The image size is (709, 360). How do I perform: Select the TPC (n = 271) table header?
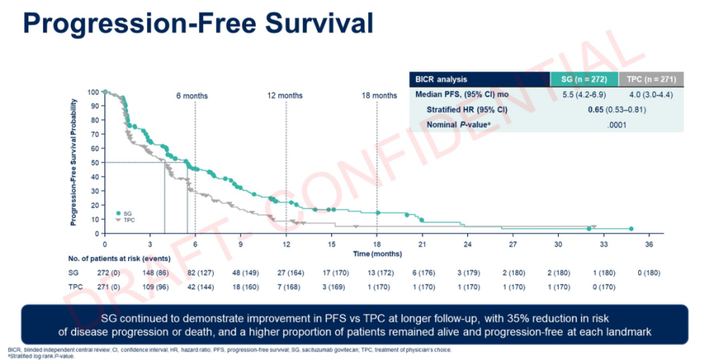[x=649, y=79]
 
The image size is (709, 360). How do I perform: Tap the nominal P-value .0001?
[x=616, y=124]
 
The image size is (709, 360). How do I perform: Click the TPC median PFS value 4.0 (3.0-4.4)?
[x=650, y=95]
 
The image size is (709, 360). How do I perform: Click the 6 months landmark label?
[x=192, y=96]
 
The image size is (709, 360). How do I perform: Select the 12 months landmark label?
[x=285, y=96]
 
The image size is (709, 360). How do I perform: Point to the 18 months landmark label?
[x=379, y=96]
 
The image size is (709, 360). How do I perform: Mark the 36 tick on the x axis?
[x=649, y=244]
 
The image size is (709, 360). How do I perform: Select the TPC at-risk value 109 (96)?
[x=150, y=287]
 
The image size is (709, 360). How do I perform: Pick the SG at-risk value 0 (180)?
[x=649, y=273]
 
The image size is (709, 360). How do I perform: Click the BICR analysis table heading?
[x=441, y=79]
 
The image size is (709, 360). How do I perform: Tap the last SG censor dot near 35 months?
[x=631, y=229]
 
